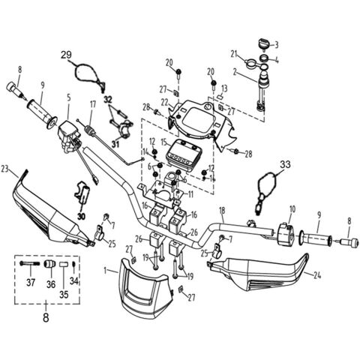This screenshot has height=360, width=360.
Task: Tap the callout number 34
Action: coord(73,280)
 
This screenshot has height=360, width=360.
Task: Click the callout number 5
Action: coord(69,97)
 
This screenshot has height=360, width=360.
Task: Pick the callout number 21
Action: coord(233,53)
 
